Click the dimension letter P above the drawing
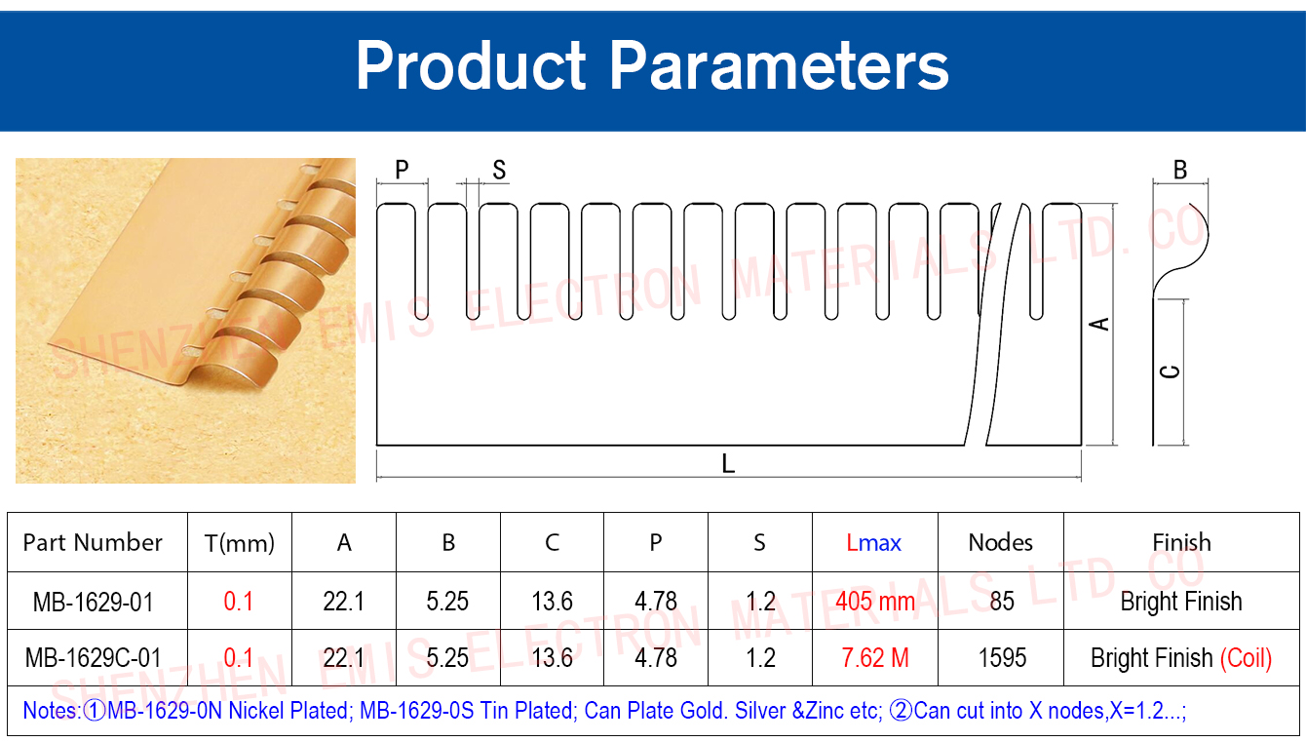[x=402, y=170]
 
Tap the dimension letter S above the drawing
[x=499, y=170]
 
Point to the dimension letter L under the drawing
[x=728, y=464]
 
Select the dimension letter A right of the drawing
[x=1099, y=324]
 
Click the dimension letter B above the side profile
[x=1180, y=170]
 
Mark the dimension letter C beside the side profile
[x=1171, y=371]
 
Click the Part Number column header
[x=93, y=542]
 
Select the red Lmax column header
[x=873, y=543]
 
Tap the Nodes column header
[x=1001, y=542]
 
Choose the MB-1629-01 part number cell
[x=94, y=602]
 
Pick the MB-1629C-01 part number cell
[x=94, y=658]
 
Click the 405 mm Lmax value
[x=875, y=602]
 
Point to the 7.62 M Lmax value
[x=875, y=658]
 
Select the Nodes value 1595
[x=1002, y=658]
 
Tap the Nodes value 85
[x=1002, y=602]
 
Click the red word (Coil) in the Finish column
[x=1246, y=658]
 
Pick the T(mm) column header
[x=240, y=543]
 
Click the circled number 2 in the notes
[x=901, y=711]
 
